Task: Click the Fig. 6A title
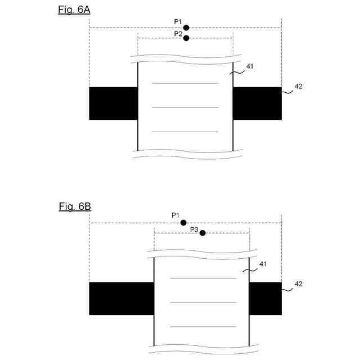(74, 10)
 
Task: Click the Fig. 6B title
(75, 206)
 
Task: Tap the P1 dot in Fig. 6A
(186, 28)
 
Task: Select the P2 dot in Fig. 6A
(186, 38)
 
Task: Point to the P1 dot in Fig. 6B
(183, 223)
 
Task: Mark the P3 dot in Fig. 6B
(202, 233)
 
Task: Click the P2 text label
(178, 34)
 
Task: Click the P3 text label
(194, 229)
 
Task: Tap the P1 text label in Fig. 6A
(178, 22)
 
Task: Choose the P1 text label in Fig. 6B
(175, 215)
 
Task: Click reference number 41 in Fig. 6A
(250, 66)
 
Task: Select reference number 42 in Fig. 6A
(299, 87)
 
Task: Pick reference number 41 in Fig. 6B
(263, 264)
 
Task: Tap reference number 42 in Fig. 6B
(299, 284)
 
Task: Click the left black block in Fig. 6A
(114, 103)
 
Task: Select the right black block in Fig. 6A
(257, 103)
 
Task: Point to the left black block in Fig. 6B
(121, 299)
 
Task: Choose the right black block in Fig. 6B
(265, 299)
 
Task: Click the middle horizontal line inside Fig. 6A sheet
(185, 107)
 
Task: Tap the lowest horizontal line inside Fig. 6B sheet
(203, 326)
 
